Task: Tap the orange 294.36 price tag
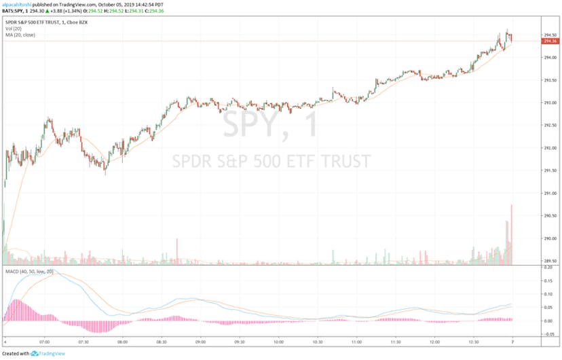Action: [x=550, y=41]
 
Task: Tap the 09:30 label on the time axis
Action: [x=240, y=343]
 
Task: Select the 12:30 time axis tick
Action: [x=473, y=343]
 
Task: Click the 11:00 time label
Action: [x=356, y=343]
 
